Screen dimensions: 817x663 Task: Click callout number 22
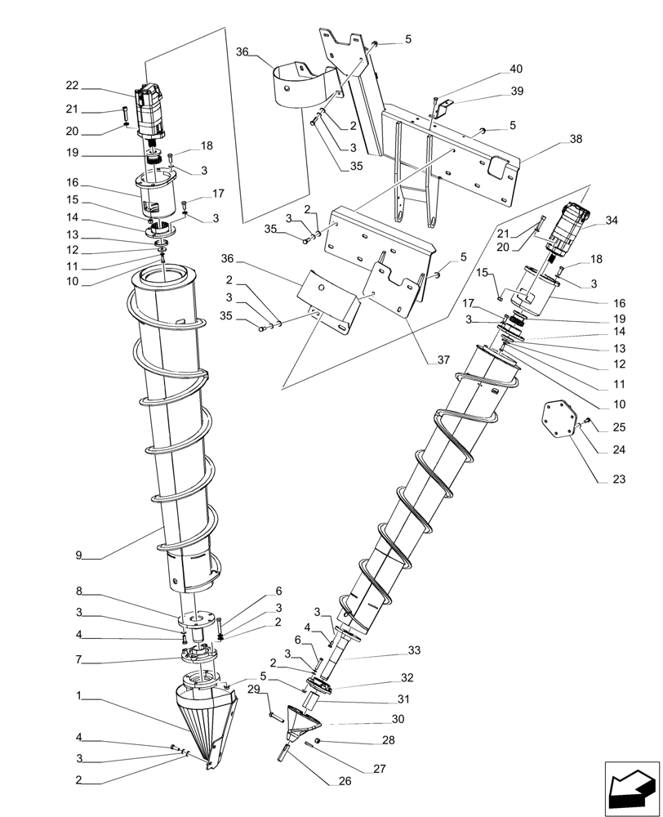coord(72,86)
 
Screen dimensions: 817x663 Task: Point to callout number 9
coord(80,556)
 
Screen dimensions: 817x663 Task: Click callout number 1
coord(79,697)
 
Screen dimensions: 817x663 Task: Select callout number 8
coord(79,591)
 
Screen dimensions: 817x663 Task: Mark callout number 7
coord(79,659)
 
